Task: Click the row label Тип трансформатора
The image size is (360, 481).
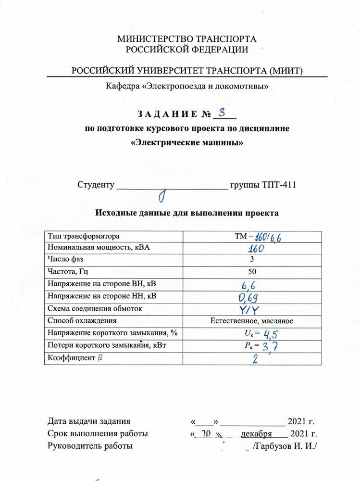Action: point(83,237)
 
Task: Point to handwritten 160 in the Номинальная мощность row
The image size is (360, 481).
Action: point(259,249)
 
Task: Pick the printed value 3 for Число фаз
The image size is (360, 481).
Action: point(259,260)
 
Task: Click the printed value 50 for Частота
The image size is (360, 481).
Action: point(259,272)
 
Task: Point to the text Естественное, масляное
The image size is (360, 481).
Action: point(252,321)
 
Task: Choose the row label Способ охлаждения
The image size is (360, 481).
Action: point(82,321)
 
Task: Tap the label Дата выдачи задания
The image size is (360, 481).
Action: point(89,422)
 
